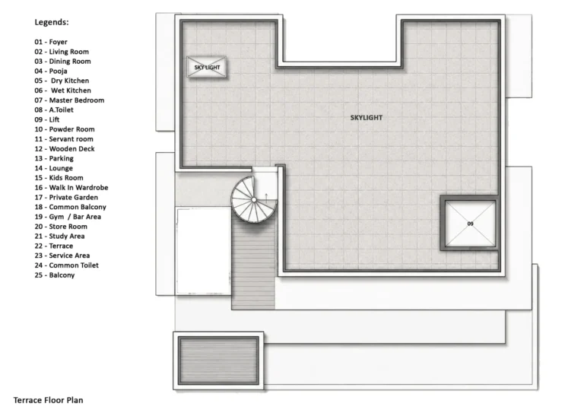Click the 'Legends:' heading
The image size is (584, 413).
tap(52, 22)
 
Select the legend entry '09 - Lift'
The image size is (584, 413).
tap(47, 119)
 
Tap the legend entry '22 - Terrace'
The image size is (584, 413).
tap(54, 246)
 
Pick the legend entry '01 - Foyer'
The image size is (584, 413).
tap(51, 42)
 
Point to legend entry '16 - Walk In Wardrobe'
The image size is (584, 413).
tap(71, 187)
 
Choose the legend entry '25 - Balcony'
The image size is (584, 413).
tap(55, 275)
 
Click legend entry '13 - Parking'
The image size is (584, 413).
tap(54, 158)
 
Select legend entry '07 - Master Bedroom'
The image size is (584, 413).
tap(69, 100)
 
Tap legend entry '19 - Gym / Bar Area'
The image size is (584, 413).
tap(68, 217)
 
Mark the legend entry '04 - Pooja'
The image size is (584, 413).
tap(51, 71)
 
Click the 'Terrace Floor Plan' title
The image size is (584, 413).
tap(49, 400)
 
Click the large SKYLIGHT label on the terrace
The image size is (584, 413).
tap(366, 118)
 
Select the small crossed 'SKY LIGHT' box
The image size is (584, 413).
tap(207, 67)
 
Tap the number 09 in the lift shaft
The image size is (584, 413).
tap(470, 224)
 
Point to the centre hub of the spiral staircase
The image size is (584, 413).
tap(254, 200)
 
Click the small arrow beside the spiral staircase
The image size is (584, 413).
tap(266, 198)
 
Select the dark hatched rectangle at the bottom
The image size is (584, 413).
tap(218, 361)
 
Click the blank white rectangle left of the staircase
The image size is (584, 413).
tap(203, 252)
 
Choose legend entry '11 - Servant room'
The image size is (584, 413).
tap(64, 139)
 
